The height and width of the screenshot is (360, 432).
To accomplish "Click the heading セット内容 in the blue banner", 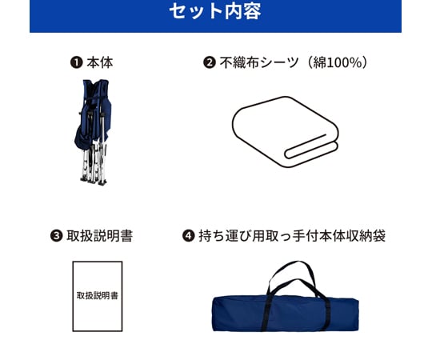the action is click(215, 11).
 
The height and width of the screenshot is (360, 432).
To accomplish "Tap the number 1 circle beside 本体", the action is click(76, 62).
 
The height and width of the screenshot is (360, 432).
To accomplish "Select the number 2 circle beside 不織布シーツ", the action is click(210, 62).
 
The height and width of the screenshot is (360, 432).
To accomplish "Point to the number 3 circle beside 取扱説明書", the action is click(56, 236).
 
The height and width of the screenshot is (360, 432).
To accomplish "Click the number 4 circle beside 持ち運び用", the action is click(189, 236).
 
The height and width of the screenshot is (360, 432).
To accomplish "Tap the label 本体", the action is click(100, 62).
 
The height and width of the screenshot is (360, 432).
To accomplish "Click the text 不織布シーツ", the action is click(259, 62).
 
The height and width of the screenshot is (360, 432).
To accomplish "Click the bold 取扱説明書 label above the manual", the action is click(100, 236).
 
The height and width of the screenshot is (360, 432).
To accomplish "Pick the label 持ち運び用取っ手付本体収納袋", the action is click(292, 236).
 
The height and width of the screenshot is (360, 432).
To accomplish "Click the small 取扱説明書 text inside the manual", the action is click(98, 295).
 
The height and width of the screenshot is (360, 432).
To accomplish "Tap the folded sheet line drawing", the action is click(286, 132).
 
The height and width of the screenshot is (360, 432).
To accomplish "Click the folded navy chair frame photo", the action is click(93, 132).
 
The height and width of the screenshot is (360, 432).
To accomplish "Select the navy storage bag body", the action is click(286, 314).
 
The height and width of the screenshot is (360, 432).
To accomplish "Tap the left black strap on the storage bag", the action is click(266, 314).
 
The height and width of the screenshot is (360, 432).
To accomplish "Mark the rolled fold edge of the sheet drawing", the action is click(310, 150).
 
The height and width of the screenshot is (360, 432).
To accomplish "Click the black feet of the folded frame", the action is click(94, 182).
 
